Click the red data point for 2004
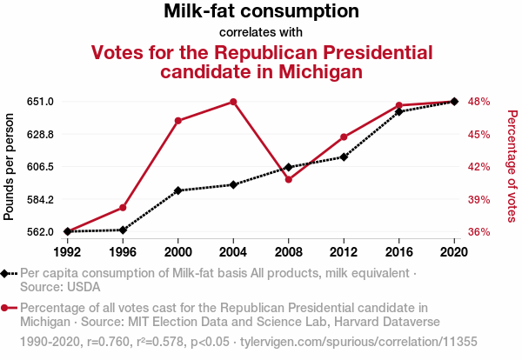(233, 102)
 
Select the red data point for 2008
(289, 179)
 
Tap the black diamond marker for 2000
(178, 190)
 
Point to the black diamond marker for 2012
(344, 157)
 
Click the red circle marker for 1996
(123, 208)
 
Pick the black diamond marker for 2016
(399, 111)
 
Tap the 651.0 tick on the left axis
(41, 102)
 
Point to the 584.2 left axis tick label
(41, 199)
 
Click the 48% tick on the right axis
(479, 102)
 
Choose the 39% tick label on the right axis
(479, 199)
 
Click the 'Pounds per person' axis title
(10, 166)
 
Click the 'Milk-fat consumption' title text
(261, 11)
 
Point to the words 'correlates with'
(261, 32)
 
